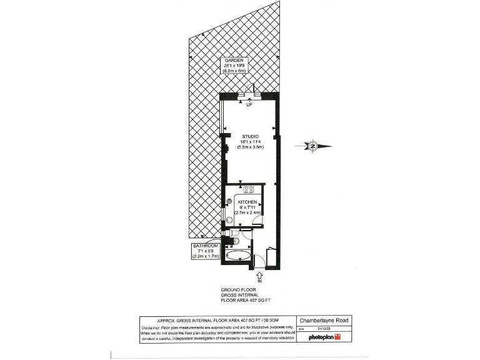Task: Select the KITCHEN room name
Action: point(247,202)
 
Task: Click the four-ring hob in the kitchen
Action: point(248,189)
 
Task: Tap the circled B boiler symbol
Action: point(229,201)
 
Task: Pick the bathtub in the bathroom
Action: point(238,256)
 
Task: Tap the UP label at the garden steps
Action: point(249,104)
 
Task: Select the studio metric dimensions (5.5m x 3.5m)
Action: point(251,147)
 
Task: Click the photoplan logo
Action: point(325,337)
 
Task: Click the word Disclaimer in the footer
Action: point(152,327)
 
